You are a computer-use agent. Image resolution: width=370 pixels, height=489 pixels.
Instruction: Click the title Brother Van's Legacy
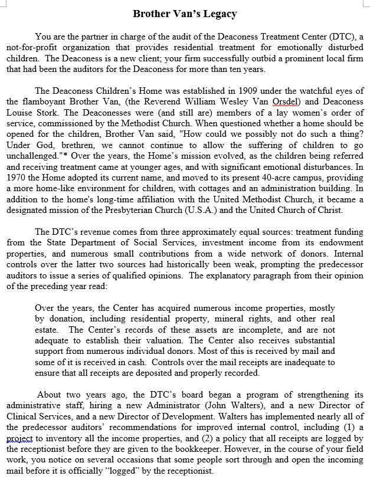click(185, 14)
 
